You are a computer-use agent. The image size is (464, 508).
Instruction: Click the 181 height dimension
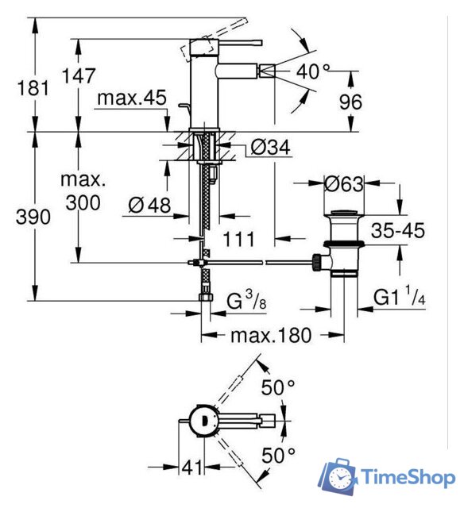[33, 88]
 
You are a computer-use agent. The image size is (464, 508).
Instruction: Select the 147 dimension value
[79, 76]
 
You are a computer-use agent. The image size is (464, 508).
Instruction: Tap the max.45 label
[132, 98]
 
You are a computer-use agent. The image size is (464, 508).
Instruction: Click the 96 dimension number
[350, 102]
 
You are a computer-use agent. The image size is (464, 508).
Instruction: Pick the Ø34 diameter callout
[270, 148]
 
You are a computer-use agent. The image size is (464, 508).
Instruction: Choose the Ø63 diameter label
[344, 184]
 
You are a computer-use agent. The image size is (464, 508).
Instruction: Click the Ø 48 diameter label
[149, 205]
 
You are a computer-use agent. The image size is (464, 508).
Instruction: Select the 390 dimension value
[33, 217]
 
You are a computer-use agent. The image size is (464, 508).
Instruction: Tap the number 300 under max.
[83, 203]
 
